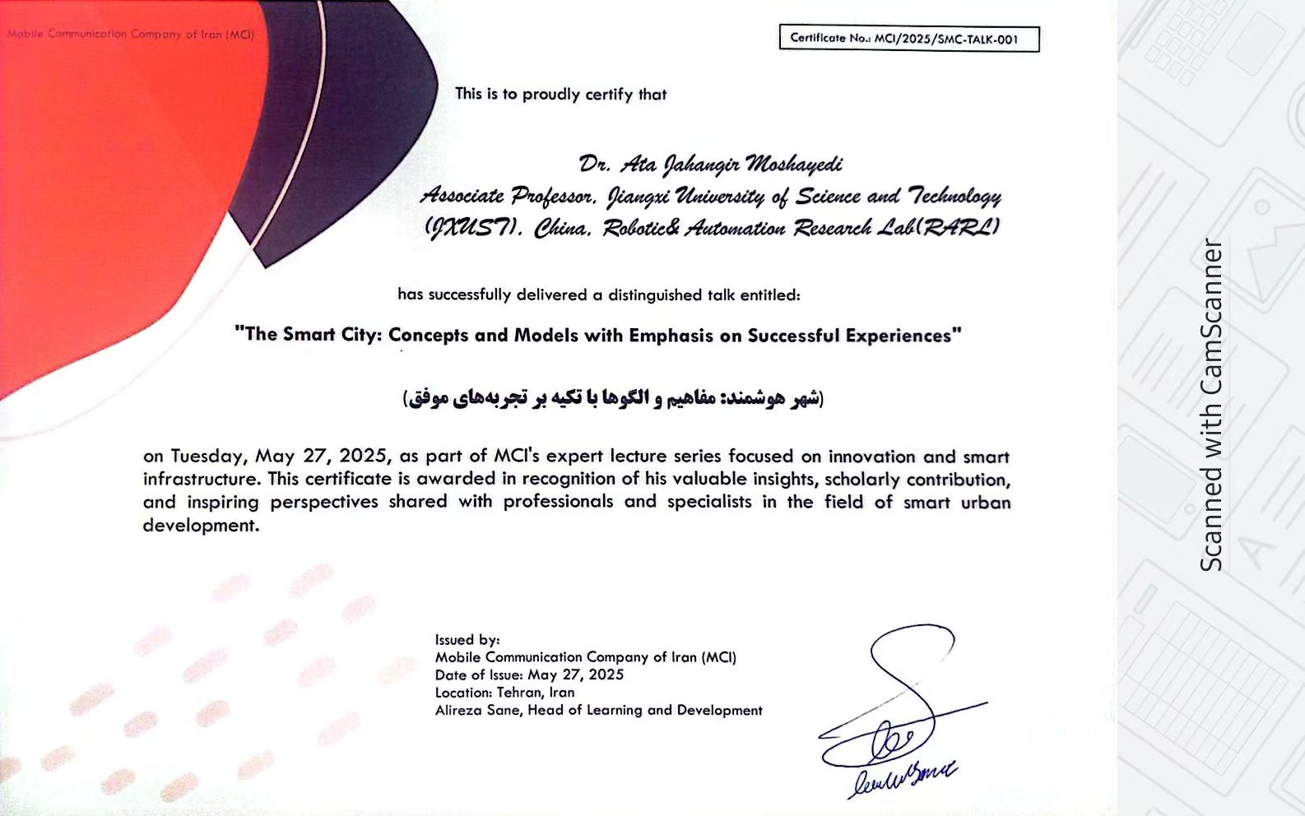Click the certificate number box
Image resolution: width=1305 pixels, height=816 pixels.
(909, 39)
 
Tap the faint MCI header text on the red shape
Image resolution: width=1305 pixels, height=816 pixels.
(131, 35)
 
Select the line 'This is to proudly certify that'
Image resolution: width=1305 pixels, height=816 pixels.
(560, 95)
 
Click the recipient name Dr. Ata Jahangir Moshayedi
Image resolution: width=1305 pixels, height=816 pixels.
(710, 165)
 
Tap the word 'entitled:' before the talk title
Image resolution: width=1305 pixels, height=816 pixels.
(769, 294)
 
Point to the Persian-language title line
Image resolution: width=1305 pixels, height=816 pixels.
(613, 399)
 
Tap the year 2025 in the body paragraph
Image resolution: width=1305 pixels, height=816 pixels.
(368, 457)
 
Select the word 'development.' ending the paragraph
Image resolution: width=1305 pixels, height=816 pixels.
(201, 526)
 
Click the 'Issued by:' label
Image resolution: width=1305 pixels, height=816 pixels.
(467, 640)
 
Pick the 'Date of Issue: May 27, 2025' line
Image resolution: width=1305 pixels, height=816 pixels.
(529, 675)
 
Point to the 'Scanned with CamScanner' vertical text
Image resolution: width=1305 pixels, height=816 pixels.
(1211, 405)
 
